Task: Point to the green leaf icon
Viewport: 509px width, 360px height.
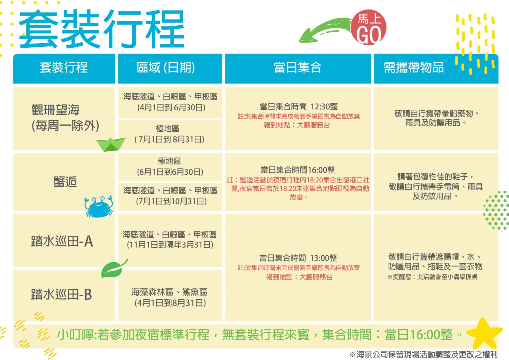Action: click(x=114, y=269)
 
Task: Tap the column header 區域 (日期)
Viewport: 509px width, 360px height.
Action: click(x=166, y=67)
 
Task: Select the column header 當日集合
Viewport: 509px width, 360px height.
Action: click(x=297, y=67)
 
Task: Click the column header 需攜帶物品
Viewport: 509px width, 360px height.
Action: click(x=414, y=67)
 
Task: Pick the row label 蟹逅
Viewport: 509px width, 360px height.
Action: click(x=65, y=182)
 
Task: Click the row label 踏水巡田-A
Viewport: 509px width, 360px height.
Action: click(x=62, y=241)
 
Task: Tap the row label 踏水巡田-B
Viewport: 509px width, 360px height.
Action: click(x=61, y=294)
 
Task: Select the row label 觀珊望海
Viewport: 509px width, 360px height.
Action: click(x=55, y=110)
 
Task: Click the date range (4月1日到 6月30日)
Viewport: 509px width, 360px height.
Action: click(x=171, y=107)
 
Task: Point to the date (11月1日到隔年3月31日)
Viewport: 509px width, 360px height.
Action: click(x=170, y=245)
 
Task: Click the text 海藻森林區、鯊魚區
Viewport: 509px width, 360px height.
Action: click(x=169, y=292)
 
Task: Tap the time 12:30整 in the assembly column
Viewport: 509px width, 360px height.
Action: click(x=324, y=107)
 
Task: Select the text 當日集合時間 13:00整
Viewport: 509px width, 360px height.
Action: click(x=298, y=258)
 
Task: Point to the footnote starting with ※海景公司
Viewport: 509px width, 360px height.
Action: click(x=423, y=354)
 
